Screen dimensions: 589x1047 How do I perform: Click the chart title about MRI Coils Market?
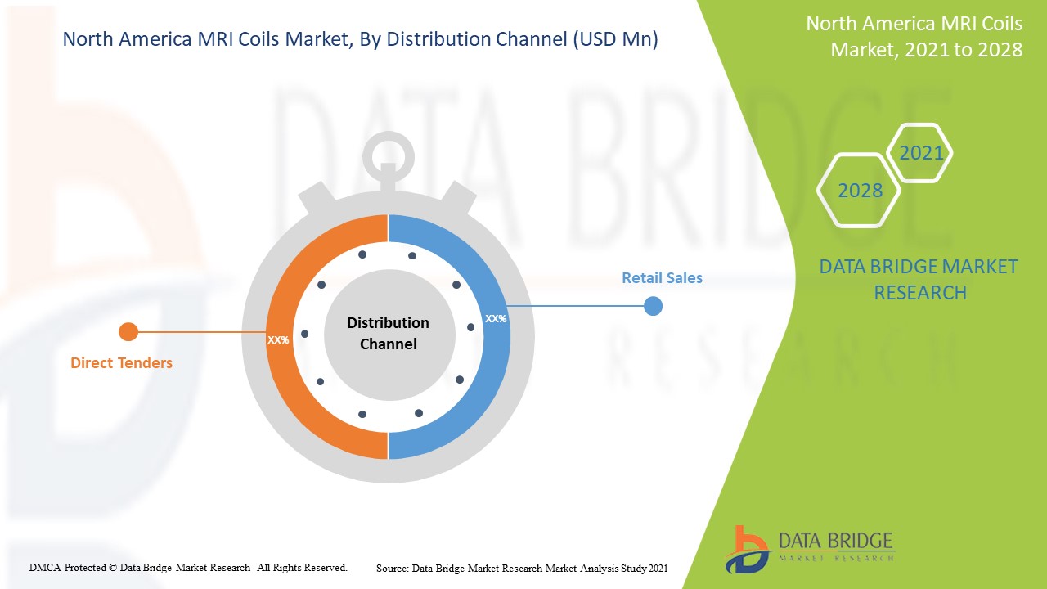[360, 39]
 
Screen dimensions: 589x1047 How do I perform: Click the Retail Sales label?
[662, 278]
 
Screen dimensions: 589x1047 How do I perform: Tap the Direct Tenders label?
[121, 362]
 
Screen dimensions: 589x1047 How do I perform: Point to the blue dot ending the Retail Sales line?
[653, 307]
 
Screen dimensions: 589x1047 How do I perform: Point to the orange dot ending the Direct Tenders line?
[128, 331]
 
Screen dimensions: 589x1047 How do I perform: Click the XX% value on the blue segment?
[496, 318]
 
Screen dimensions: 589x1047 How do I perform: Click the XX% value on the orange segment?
[278, 339]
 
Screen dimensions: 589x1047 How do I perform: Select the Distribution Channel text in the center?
[388, 334]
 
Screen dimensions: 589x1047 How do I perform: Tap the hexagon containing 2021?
[921, 153]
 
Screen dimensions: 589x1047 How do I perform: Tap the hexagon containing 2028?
[860, 191]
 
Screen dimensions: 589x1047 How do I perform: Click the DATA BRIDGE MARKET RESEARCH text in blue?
[919, 279]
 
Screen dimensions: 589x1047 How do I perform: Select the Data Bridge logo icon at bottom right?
[746, 549]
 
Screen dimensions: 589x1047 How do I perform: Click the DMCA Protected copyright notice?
[188, 567]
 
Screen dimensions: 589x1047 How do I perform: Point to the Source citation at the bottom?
[522, 568]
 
